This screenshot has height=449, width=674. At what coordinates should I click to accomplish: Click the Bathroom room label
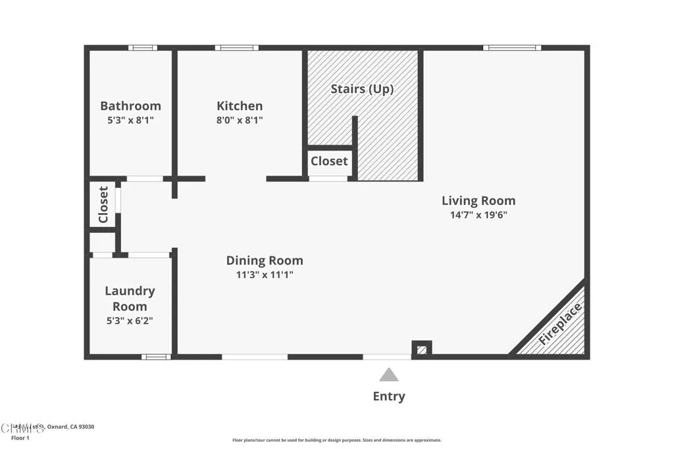point(130,106)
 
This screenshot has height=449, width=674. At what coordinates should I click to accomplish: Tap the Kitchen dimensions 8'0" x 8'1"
point(240,120)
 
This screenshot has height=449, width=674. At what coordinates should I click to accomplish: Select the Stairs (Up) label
point(362,89)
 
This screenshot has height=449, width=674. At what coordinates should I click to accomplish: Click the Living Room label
point(479,201)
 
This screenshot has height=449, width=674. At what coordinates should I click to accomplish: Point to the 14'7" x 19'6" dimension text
point(479,214)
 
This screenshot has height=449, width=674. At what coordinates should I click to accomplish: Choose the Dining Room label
point(265,260)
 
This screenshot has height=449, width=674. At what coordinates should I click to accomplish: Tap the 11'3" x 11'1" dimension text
point(265,275)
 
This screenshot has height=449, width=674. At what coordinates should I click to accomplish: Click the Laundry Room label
point(130,298)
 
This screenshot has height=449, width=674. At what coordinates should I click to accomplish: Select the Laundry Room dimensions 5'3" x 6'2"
point(130,321)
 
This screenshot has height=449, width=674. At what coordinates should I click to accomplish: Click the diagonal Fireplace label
point(560,324)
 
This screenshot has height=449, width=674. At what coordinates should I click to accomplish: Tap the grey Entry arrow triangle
point(389,375)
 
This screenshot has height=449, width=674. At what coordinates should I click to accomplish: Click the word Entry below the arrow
point(389,396)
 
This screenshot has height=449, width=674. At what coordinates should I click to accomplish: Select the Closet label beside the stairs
point(329,161)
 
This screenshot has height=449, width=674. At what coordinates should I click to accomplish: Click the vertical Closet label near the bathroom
point(103,204)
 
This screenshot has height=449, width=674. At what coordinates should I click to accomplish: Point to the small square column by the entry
point(421,348)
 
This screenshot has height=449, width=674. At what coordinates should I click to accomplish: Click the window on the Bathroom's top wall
point(143,47)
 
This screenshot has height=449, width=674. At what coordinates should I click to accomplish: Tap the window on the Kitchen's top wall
point(236,47)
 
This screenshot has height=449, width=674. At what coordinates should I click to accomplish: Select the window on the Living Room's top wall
point(512,47)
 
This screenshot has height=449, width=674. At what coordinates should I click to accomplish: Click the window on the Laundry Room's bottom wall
point(156,357)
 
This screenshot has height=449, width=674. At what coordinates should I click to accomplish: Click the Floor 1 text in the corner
point(20,438)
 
